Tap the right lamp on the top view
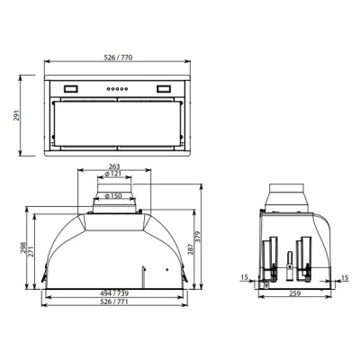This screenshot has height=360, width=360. coord(163,88)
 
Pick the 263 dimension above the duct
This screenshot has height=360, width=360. coord(113,166)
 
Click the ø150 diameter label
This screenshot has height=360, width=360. coord(113,195)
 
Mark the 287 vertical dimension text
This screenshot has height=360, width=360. coord(191,248)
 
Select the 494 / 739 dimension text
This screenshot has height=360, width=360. coord(113,293)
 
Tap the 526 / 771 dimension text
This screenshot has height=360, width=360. coord(113,302)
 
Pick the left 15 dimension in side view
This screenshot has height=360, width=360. coord(246,277)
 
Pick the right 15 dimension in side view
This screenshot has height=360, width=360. coord(345,277)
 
